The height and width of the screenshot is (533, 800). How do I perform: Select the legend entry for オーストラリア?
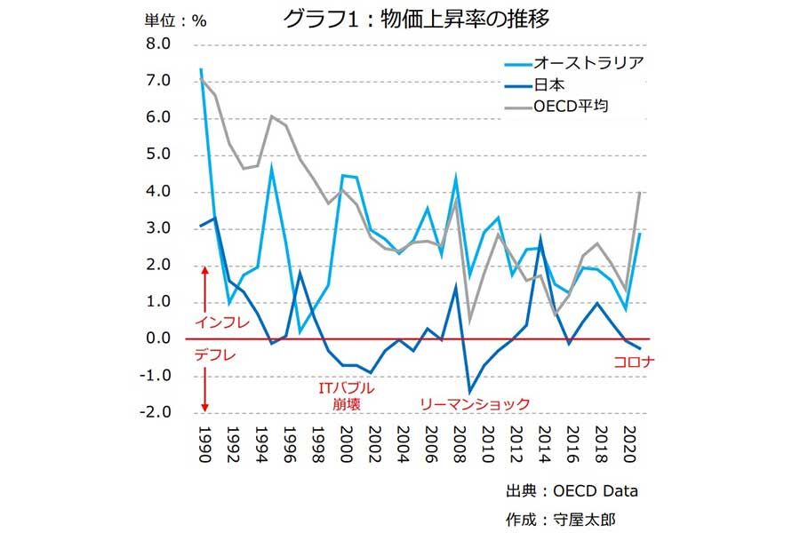[x=588, y=62]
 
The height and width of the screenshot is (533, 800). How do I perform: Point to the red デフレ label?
[x=216, y=355]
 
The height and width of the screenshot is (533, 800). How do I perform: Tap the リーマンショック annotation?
[x=476, y=403]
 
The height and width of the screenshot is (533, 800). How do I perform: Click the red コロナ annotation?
[x=634, y=362]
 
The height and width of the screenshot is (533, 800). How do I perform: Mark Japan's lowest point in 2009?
[x=468, y=392]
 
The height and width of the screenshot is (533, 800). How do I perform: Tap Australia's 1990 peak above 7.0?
[x=201, y=68]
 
